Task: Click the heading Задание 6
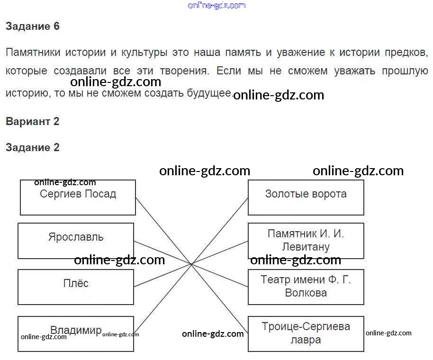33,26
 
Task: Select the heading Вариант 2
33,121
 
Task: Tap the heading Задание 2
33,147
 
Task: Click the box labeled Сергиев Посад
78,198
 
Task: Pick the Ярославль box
76,241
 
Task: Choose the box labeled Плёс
76,287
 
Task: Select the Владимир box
76,334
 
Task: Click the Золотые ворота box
306,198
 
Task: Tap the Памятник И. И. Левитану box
306,241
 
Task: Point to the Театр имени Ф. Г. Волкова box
306,287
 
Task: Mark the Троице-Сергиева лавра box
306,334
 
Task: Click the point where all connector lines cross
191,264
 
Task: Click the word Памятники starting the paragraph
33,52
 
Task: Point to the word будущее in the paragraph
209,93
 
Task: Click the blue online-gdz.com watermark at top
216,5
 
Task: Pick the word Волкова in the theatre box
306,293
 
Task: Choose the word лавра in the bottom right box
306,340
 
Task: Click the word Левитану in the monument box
306,247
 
